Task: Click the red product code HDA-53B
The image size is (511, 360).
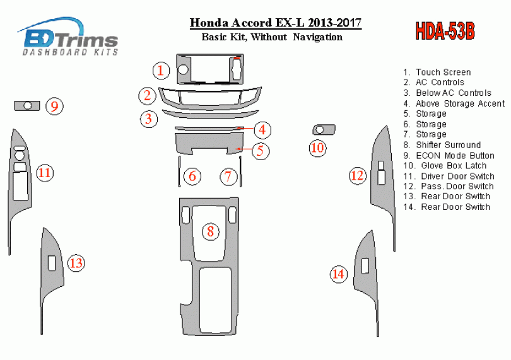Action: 445,32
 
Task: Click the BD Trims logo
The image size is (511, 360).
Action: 68,37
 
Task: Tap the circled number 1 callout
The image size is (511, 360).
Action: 161,71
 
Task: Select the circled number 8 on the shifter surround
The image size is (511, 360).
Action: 210,231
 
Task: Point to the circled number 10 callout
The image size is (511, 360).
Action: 317,148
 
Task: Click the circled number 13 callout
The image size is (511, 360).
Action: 76,263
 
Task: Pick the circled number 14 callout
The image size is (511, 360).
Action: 338,274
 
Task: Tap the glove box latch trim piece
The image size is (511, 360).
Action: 324,130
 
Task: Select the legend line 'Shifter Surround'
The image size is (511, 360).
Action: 442,145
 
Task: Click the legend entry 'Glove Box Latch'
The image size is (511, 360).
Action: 445,166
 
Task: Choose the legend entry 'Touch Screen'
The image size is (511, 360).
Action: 437,72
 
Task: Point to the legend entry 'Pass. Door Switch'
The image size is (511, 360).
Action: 449,187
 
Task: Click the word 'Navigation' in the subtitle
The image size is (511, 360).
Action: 317,37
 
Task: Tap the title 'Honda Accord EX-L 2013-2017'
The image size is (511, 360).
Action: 276,23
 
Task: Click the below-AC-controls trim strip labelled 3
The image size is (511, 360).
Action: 210,113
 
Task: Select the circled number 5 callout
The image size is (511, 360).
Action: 260,151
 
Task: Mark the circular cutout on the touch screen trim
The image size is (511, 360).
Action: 183,69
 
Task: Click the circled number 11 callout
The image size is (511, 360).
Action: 45,173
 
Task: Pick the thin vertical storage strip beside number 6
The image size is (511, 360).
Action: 179,171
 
